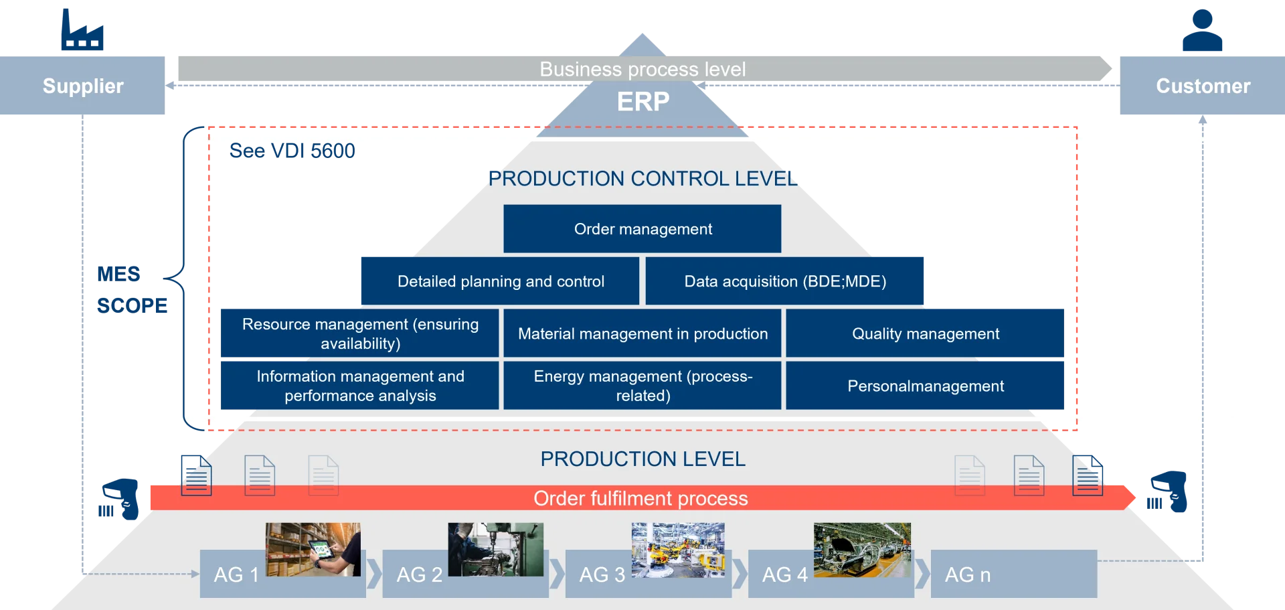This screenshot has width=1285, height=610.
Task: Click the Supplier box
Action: [83, 86]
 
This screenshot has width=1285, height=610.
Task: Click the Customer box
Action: [1202, 86]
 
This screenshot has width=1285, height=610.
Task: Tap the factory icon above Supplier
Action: [82, 30]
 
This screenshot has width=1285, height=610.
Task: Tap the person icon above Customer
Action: [1203, 30]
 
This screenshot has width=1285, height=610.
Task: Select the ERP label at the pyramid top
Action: [642, 102]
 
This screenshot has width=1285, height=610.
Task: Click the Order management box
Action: [642, 229]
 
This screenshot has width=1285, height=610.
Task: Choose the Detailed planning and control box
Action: [500, 281]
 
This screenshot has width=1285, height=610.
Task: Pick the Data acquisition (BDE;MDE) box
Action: [785, 281]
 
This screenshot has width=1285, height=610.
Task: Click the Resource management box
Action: [360, 333]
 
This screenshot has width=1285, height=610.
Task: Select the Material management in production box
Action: [642, 333]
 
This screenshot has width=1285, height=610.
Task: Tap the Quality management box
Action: [925, 333]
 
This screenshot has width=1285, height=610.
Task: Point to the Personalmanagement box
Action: [925, 386]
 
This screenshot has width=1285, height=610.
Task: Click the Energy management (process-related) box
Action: [642, 386]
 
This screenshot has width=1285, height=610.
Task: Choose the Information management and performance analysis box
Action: [360, 386]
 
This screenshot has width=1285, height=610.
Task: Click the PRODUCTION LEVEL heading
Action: [642, 459]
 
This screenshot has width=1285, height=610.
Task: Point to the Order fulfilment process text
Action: [640, 498]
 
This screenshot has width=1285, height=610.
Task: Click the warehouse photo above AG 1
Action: [313, 549]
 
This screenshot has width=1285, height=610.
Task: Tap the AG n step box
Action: [1013, 574]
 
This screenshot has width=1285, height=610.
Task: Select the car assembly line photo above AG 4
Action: [862, 549]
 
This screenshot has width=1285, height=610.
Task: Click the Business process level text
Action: [642, 69]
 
